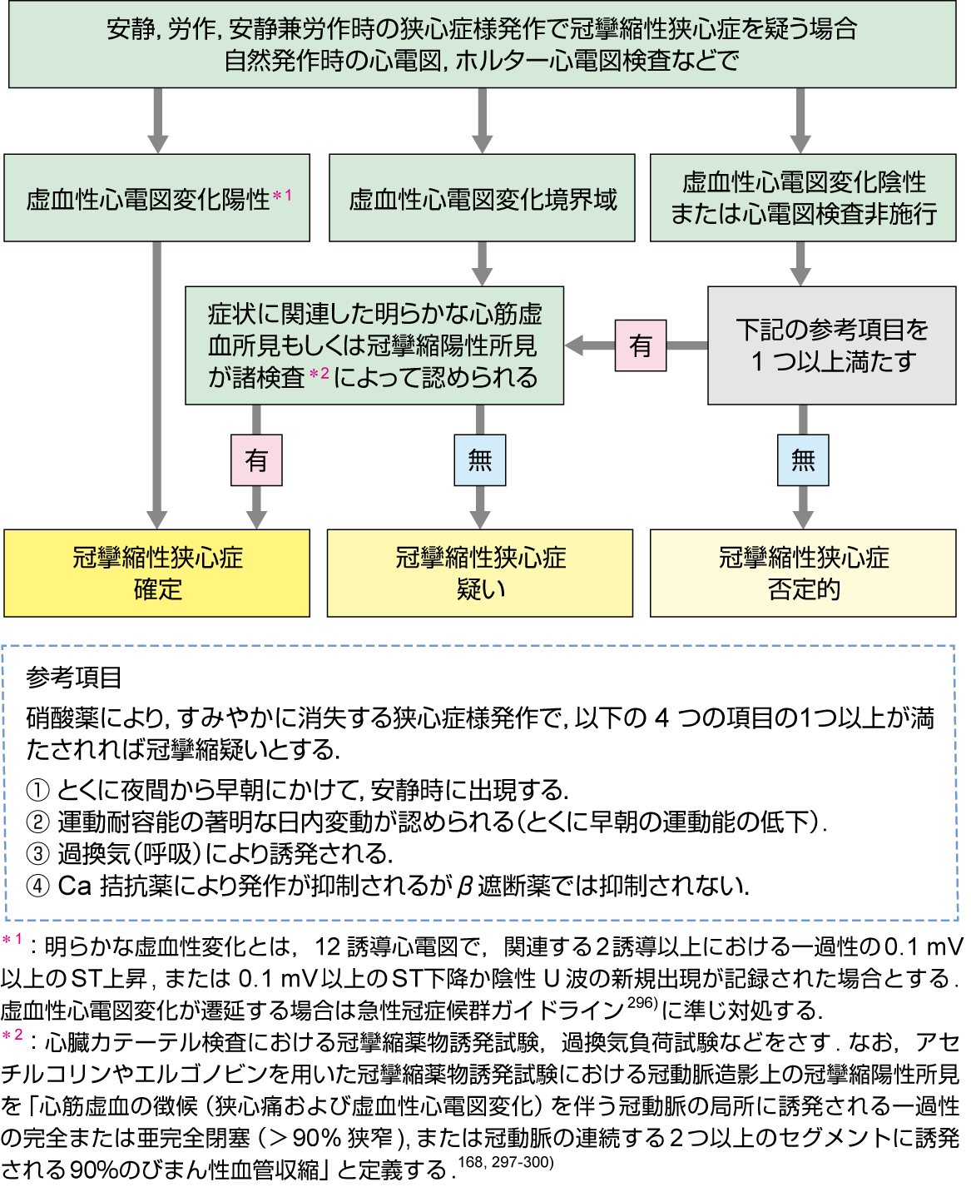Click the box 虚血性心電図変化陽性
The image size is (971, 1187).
point(156,198)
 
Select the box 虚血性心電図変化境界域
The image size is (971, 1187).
point(482,198)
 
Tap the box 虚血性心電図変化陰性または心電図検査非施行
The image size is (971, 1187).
point(803,198)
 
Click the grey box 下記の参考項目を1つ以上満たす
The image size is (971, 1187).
point(832,345)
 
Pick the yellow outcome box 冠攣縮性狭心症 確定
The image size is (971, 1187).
point(156,574)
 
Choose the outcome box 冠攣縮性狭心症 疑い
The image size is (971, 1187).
point(480,574)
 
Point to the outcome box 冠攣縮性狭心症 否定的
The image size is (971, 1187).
point(803,574)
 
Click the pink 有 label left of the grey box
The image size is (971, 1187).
point(641,345)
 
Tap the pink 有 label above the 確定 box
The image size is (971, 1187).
point(256,459)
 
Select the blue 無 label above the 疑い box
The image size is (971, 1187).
point(480,459)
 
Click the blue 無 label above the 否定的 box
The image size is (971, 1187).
point(803,459)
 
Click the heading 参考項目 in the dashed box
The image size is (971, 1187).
point(74,678)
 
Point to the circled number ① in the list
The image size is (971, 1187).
point(37,790)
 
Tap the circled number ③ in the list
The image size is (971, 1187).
point(37,854)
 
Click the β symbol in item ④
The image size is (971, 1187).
point(466,887)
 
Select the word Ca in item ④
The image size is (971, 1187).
point(75,886)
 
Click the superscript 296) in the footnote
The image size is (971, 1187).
point(643,1002)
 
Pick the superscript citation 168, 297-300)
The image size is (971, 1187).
point(505,1162)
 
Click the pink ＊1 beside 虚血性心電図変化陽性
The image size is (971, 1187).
point(283,196)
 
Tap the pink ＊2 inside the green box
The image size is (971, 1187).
point(320,374)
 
